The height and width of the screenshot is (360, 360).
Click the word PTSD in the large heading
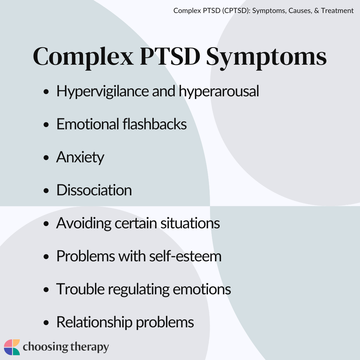point(170,56)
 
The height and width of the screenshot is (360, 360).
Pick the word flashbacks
point(155,124)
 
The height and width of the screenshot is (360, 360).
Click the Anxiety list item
point(80,158)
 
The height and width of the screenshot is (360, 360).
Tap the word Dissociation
point(94,190)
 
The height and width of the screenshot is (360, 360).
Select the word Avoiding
point(84,224)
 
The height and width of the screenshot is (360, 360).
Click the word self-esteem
point(185,256)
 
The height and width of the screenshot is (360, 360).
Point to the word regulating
point(139,290)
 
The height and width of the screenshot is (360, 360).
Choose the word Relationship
point(94,323)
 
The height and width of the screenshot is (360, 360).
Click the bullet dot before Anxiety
point(46,158)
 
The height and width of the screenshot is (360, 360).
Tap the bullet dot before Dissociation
point(46,191)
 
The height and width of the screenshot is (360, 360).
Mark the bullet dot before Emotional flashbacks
point(46,125)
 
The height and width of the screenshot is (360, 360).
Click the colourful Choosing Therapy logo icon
point(12,347)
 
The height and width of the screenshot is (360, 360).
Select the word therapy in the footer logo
point(90,347)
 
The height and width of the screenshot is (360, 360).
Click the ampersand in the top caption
point(317,11)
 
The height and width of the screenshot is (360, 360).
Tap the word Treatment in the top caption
point(337,11)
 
